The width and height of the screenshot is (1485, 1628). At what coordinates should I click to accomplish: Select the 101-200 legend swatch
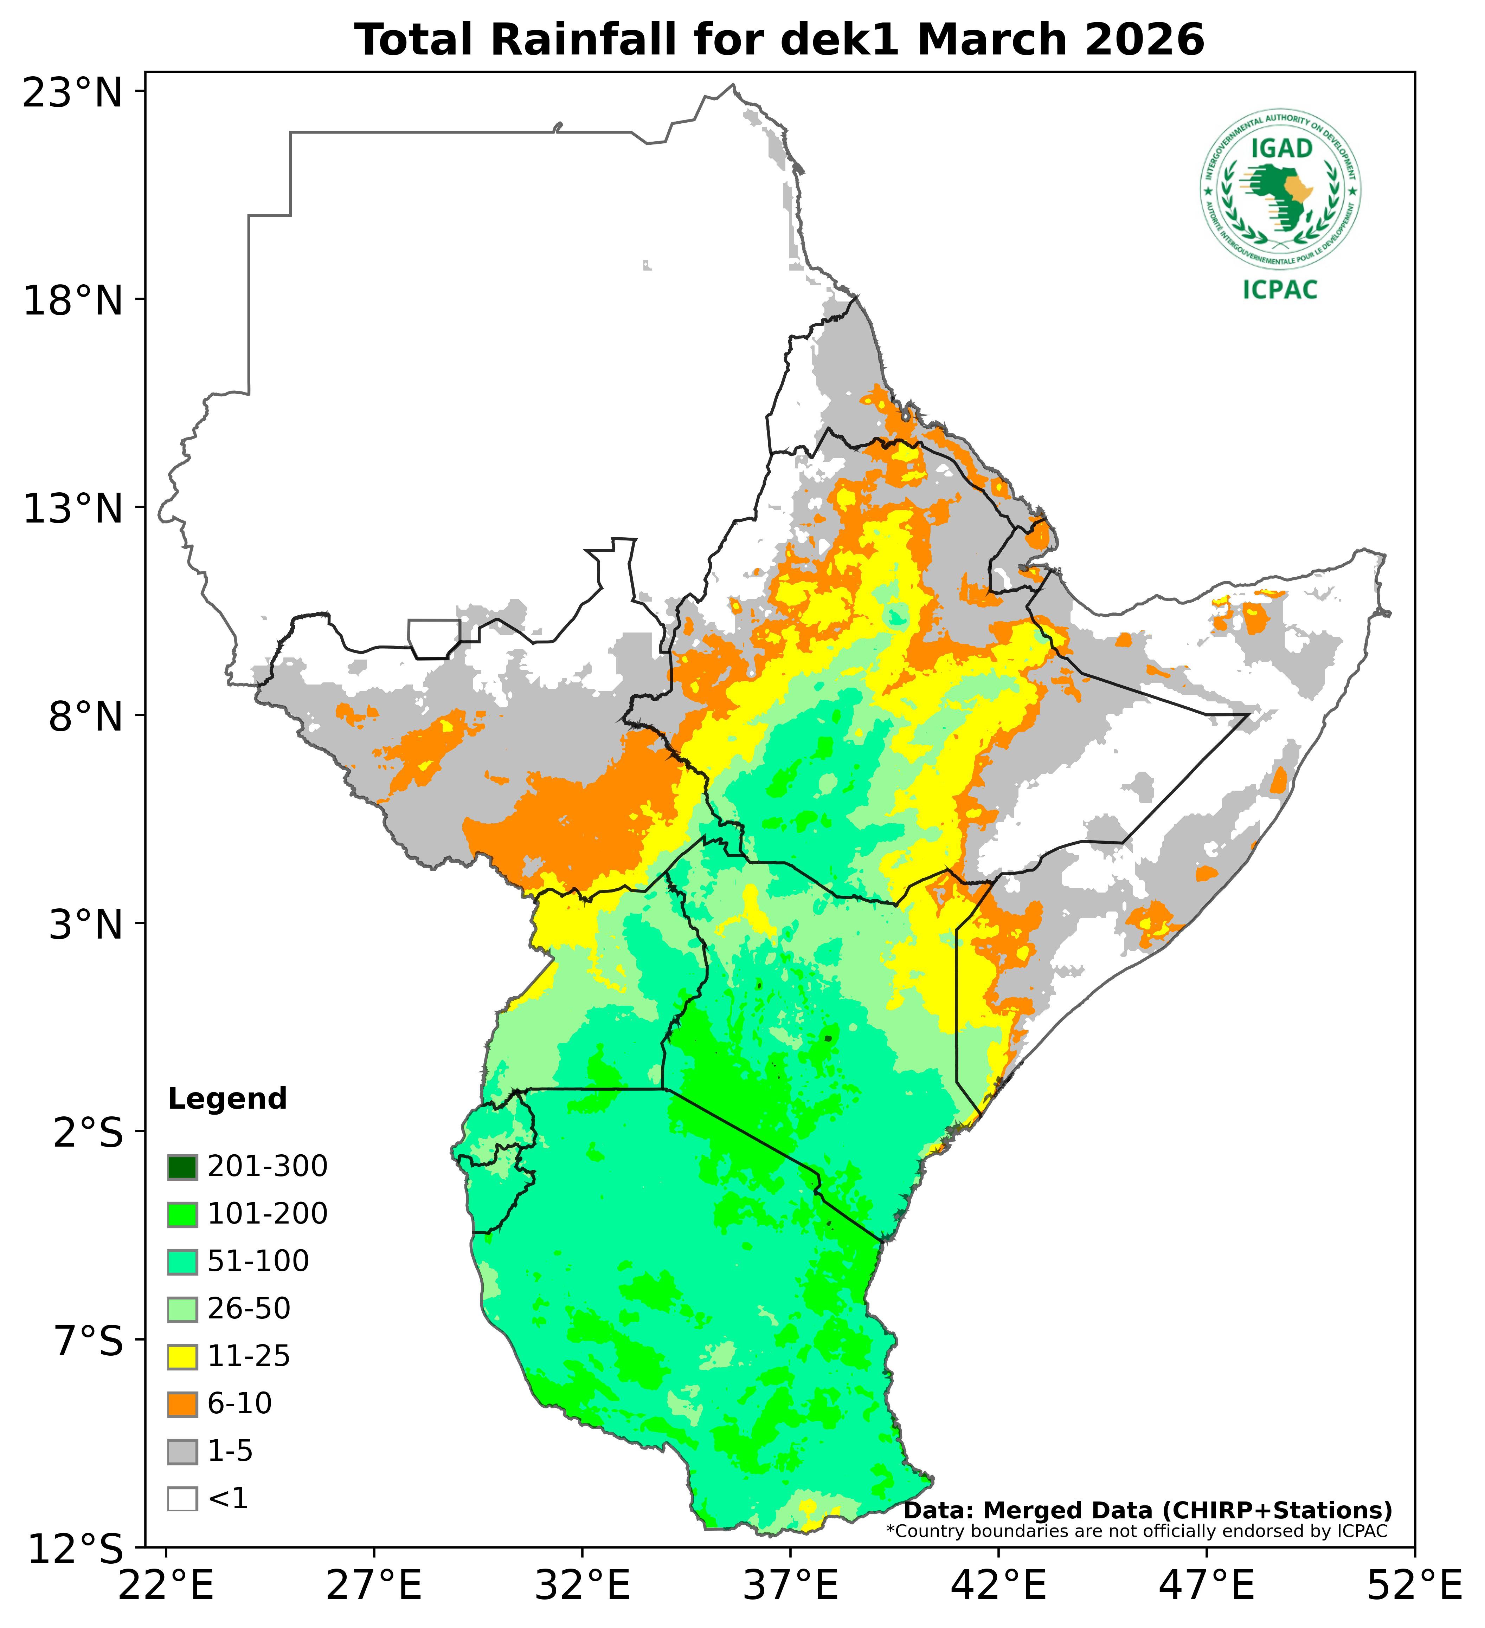pyautogui.click(x=182, y=1214)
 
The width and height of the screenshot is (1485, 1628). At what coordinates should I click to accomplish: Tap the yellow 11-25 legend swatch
pyautogui.click(x=182, y=1357)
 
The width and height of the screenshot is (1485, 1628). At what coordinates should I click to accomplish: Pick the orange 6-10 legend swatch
pyautogui.click(x=182, y=1404)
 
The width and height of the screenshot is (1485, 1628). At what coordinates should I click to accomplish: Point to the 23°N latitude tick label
pyautogui.click(x=73, y=94)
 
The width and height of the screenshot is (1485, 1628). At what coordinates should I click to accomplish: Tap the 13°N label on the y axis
pyautogui.click(x=73, y=510)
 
